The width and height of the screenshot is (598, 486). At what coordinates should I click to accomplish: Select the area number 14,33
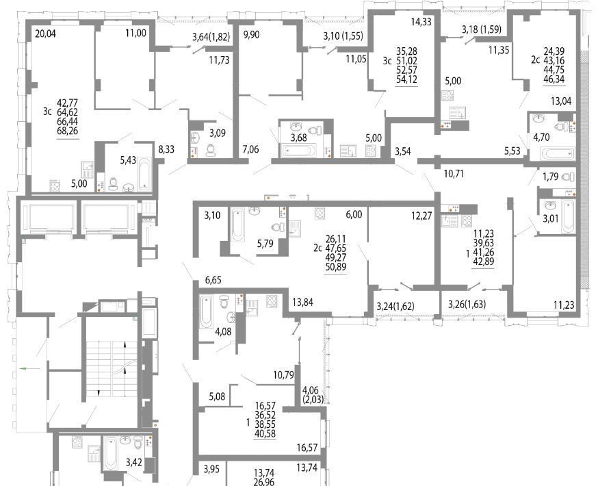click(x=421, y=22)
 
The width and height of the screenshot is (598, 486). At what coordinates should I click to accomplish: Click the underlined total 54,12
click(x=407, y=79)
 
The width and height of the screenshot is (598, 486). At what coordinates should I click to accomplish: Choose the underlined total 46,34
click(x=554, y=79)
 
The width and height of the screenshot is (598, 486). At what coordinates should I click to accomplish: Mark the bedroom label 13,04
click(x=561, y=101)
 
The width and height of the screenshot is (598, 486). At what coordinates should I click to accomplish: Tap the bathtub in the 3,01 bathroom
click(x=568, y=216)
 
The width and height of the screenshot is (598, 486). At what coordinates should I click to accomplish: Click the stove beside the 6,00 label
click(x=320, y=214)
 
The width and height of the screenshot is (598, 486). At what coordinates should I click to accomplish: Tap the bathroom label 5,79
click(x=265, y=243)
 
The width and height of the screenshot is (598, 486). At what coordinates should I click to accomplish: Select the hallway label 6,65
click(x=213, y=280)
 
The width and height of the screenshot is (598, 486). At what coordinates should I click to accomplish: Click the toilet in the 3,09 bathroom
click(x=211, y=150)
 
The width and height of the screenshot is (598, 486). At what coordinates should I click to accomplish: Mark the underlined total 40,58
click(x=265, y=434)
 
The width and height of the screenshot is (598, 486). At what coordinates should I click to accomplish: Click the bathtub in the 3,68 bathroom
click(x=298, y=151)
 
